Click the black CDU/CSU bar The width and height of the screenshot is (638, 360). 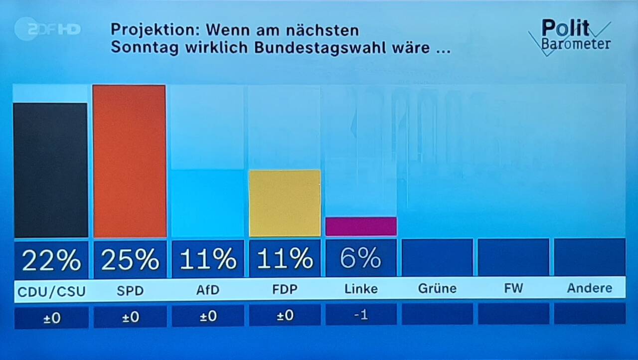click(x=50, y=170)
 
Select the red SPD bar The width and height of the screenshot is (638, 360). click(x=129, y=161)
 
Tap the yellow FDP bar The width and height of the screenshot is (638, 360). click(x=285, y=203)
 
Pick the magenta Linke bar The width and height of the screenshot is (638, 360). click(x=361, y=226)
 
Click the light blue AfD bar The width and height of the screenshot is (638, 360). click(x=207, y=203)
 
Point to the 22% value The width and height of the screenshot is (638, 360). click(x=51, y=260)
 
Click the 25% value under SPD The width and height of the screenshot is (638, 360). click(x=130, y=260)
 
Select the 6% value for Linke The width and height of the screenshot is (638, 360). click(x=361, y=258)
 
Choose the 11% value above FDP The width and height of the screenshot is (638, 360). click(x=285, y=259)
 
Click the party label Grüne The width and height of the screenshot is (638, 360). click(x=437, y=289)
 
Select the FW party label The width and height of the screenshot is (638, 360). click(x=513, y=289)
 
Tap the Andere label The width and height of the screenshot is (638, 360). click(x=590, y=288)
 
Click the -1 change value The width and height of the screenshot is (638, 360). click(x=361, y=315)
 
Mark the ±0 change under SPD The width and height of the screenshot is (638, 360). click(x=130, y=317)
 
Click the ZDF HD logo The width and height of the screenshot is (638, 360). click(x=47, y=29)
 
